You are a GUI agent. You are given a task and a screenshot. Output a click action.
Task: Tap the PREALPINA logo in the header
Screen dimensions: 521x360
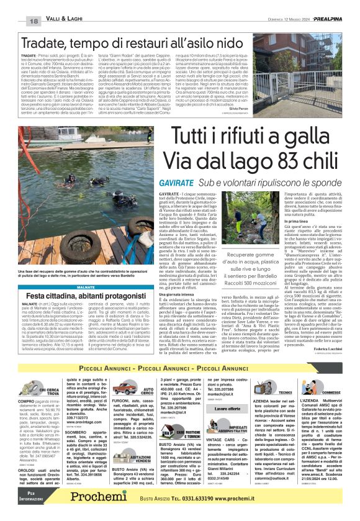click(x=326, y=20)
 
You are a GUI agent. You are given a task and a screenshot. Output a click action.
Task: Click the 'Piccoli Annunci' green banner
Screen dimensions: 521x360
click(x=180, y=369)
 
